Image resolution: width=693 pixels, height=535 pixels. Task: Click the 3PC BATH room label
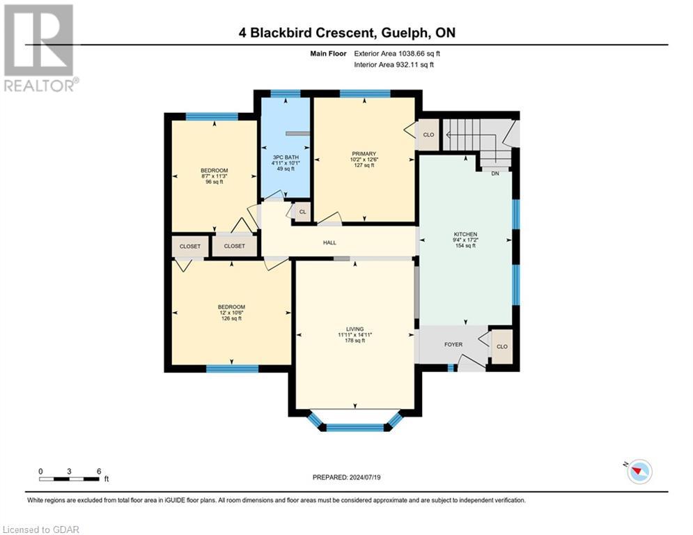pyautogui.click(x=285, y=162)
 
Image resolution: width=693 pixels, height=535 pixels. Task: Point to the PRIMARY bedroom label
pyautogui.click(x=364, y=159)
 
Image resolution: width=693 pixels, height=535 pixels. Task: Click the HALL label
pyautogui.click(x=329, y=242)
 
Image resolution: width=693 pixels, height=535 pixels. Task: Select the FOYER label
pyautogui.click(x=453, y=345)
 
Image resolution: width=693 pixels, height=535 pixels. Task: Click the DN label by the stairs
pyautogui.click(x=495, y=173)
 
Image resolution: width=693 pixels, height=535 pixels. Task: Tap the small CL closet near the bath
pyautogui.click(x=302, y=212)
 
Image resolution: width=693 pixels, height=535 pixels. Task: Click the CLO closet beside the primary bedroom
pyautogui.click(x=428, y=135)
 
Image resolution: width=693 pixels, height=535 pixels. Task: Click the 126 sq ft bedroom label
pyautogui.click(x=231, y=313)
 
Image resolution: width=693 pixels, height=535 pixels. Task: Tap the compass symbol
pyautogui.click(x=638, y=472)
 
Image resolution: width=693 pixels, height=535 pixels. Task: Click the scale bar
pyautogui.click(x=70, y=479)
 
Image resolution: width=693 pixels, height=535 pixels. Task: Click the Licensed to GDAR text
pyautogui.click(x=40, y=529)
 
